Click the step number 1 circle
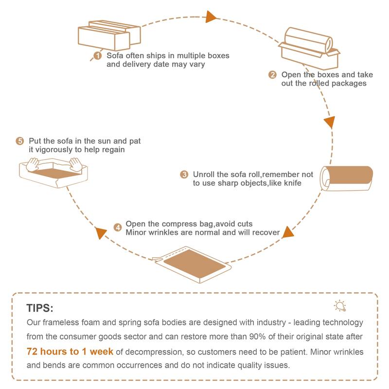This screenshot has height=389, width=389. click(97, 56)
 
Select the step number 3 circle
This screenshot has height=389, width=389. click(184, 174)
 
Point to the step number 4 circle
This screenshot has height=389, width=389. click(118, 227)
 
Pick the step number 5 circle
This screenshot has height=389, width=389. click(20, 141)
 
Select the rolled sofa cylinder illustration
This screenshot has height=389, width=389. click(346, 178)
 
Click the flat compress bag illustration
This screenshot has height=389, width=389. click(191, 264)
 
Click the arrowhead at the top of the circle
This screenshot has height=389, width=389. click(211, 17)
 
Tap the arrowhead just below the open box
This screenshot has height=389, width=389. click(329, 122)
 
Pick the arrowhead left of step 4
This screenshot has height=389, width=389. click(101, 233)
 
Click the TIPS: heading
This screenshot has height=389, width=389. click(40, 309)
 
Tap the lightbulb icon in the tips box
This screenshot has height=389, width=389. click(339, 305)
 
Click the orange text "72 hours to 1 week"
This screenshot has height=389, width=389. click(70, 351)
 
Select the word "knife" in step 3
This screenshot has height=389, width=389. click(291, 183)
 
